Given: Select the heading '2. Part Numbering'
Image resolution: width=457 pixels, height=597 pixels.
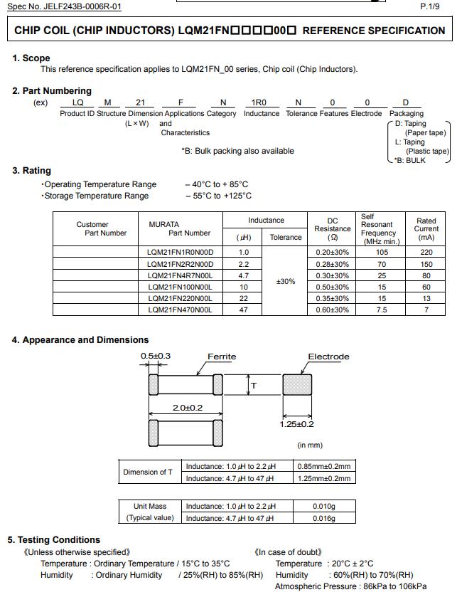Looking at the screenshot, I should [52, 91].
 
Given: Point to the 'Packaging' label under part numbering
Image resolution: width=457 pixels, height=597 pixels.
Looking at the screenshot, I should [406, 114].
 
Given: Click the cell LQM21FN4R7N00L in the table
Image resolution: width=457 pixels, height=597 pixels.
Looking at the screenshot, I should [180, 275].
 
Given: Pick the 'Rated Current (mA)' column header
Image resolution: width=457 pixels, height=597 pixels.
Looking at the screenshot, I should [426, 229].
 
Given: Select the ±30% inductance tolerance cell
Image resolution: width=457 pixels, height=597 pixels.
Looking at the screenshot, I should [286, 282].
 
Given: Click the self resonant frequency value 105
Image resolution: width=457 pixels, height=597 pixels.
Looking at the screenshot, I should [382, 253].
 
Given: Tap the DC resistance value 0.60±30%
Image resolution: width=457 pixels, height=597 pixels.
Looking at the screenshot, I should [332, 310].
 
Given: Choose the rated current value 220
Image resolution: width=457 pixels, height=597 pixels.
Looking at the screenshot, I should [426, 253].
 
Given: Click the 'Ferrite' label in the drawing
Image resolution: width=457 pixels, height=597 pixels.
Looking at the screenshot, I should [222, 357].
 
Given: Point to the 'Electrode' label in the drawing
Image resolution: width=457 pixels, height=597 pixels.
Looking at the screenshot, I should [328, 357].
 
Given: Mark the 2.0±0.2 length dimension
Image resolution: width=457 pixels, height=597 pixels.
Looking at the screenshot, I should [188, 408].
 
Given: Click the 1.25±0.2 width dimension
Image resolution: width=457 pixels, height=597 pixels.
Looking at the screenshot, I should [296, 424].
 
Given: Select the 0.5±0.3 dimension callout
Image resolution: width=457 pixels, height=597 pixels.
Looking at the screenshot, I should [156, 356].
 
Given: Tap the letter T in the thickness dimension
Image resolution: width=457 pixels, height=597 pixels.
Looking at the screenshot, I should [254, 386].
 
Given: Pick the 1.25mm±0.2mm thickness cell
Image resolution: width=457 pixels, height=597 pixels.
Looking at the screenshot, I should [325, 478].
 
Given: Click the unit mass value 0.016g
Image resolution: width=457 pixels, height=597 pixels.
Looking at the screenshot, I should [325, 519].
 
